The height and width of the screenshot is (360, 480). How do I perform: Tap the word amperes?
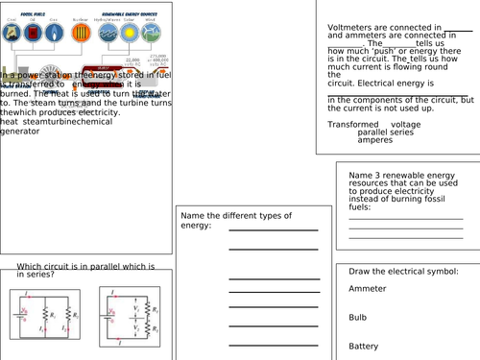point(375,140)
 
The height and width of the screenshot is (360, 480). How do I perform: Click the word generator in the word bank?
point(20,131)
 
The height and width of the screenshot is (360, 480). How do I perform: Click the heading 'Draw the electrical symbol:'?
point(399,272)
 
